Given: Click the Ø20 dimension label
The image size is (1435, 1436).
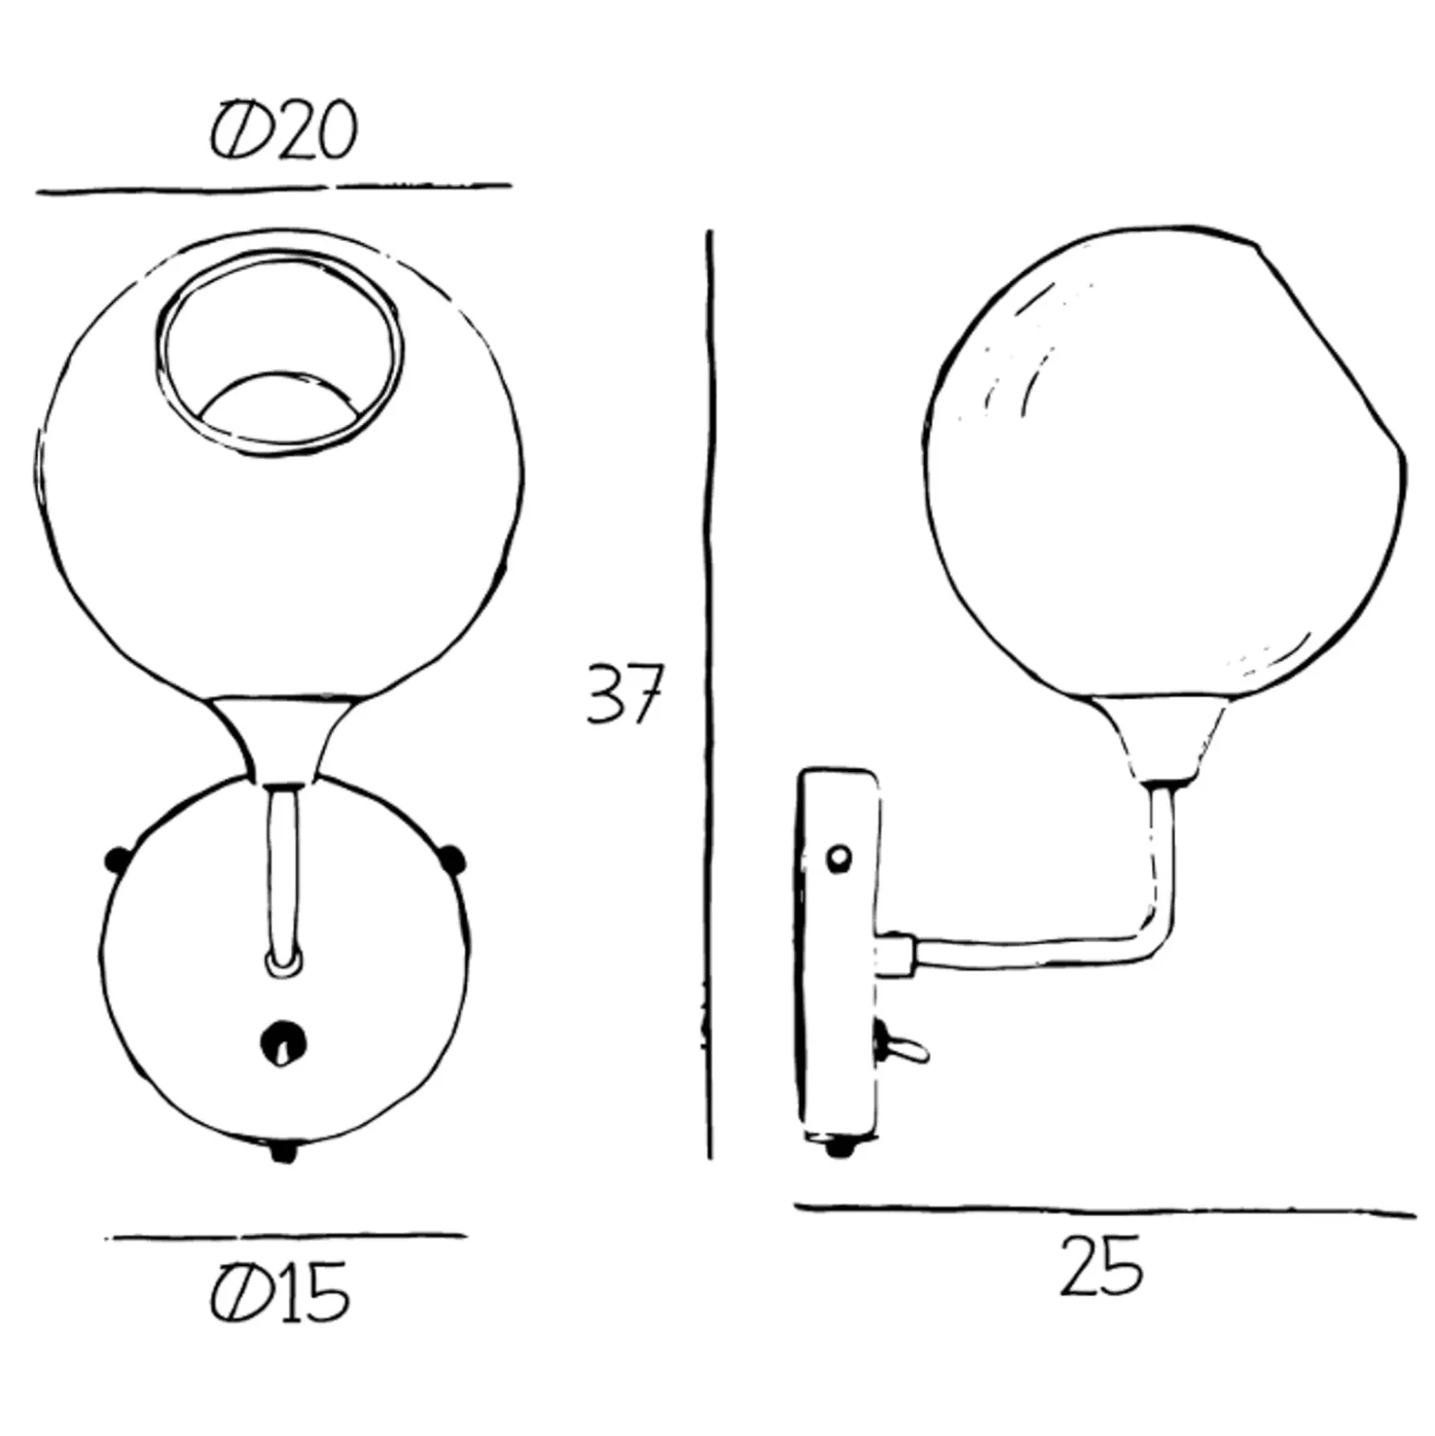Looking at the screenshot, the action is click(x=283, y=131).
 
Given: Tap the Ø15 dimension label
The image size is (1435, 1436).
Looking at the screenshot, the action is click(x=281, y=1292).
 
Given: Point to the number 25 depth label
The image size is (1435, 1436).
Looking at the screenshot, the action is click(x=1101, y=1266).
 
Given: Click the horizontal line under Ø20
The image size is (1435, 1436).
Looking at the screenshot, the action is click(x=273, y=189).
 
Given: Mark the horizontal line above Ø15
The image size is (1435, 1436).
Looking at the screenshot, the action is click(x=287, y=1237).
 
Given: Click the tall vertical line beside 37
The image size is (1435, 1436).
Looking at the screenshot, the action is click(x=709, y=695).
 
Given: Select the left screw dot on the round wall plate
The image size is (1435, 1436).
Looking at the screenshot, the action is click(x=117, y=861).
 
